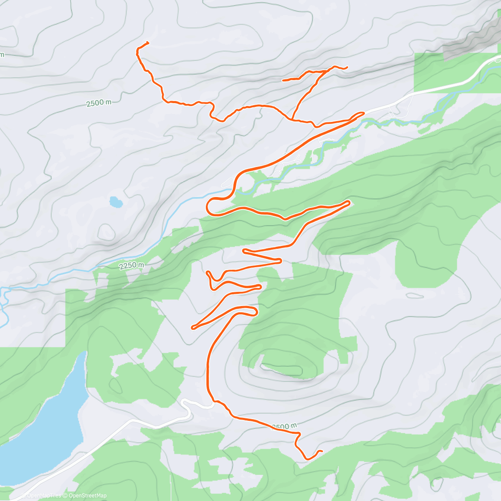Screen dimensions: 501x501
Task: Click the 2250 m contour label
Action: [131, 266]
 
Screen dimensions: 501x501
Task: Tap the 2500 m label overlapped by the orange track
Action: [285, 426]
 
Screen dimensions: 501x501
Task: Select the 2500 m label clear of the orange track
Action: [99, 103]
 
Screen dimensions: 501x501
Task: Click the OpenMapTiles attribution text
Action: [44, 496]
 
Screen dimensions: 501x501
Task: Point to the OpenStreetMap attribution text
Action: [88, 496]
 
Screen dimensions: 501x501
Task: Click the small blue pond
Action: [116, 202]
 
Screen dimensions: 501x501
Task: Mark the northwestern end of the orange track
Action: [148, 43]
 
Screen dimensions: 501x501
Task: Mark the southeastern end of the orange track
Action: [322, 451]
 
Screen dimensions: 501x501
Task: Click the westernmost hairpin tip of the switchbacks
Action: [192, 328]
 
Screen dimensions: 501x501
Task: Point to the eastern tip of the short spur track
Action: [347, 68]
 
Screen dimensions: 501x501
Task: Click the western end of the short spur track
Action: [283, 80]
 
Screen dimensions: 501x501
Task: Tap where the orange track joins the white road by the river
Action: [363, 113]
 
